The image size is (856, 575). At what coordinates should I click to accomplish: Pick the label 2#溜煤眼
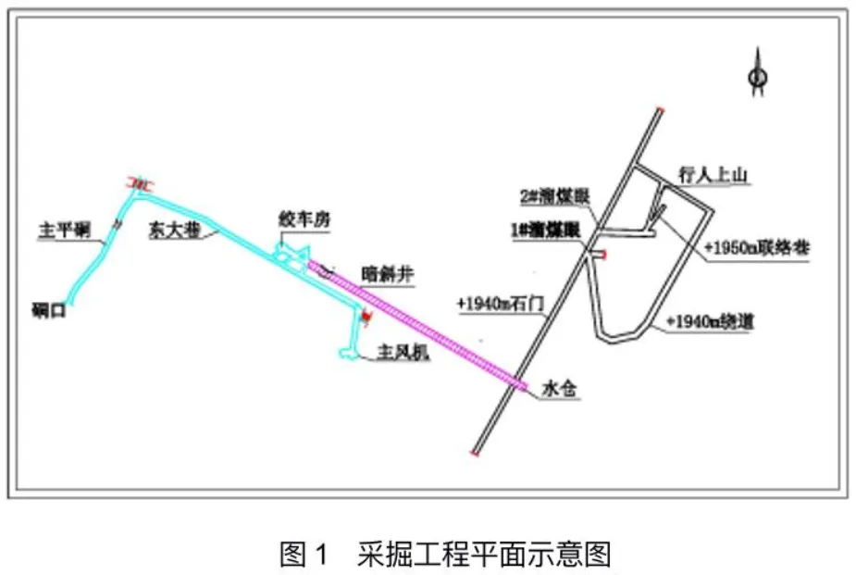[x=554, y=197]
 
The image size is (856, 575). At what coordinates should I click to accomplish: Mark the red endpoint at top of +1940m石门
[x=659, y=110]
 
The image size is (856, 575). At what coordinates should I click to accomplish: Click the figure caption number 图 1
[x=304, y=555]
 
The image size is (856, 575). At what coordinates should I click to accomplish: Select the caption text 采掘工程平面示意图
[x=483, y=555]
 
